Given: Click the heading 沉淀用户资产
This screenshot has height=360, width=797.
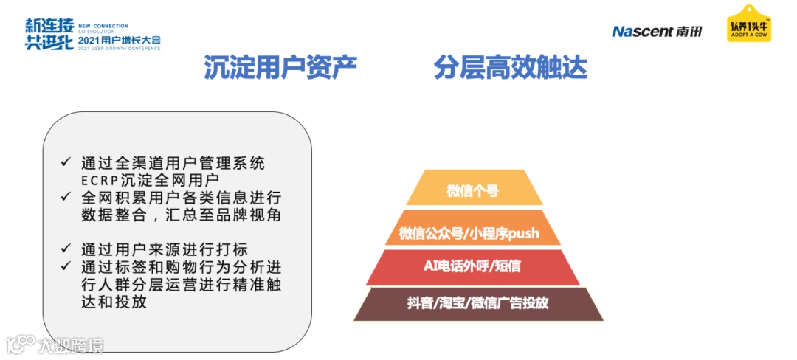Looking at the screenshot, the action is tap(280, 68).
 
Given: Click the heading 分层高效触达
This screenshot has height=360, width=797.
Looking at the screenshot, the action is tap(511, 68).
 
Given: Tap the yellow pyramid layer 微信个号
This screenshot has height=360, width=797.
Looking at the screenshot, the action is tap(472, 191).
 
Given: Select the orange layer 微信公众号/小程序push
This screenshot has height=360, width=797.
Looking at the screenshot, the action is tap(469, 234).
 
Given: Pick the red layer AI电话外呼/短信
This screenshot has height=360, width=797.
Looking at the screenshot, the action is tap(472, 266).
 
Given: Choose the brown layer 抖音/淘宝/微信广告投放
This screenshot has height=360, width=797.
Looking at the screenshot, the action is tap(477, 303).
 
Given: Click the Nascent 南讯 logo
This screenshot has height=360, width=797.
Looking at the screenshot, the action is tap(657, 31).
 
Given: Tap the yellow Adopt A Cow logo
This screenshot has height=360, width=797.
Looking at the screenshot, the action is tap(748, 24).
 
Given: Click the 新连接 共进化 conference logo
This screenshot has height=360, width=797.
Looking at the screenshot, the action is tap(49, 33).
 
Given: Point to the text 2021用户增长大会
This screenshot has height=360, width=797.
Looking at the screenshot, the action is tap(118, 39).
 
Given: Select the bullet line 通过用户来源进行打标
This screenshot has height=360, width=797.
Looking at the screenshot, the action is tap(164, 249).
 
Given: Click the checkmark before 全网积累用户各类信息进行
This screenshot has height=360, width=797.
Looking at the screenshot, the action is tap(66, 198).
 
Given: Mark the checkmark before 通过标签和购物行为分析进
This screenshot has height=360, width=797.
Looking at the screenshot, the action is tap(66, 266).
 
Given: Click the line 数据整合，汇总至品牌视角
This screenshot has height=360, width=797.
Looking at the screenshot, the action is tap(181, 215).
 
